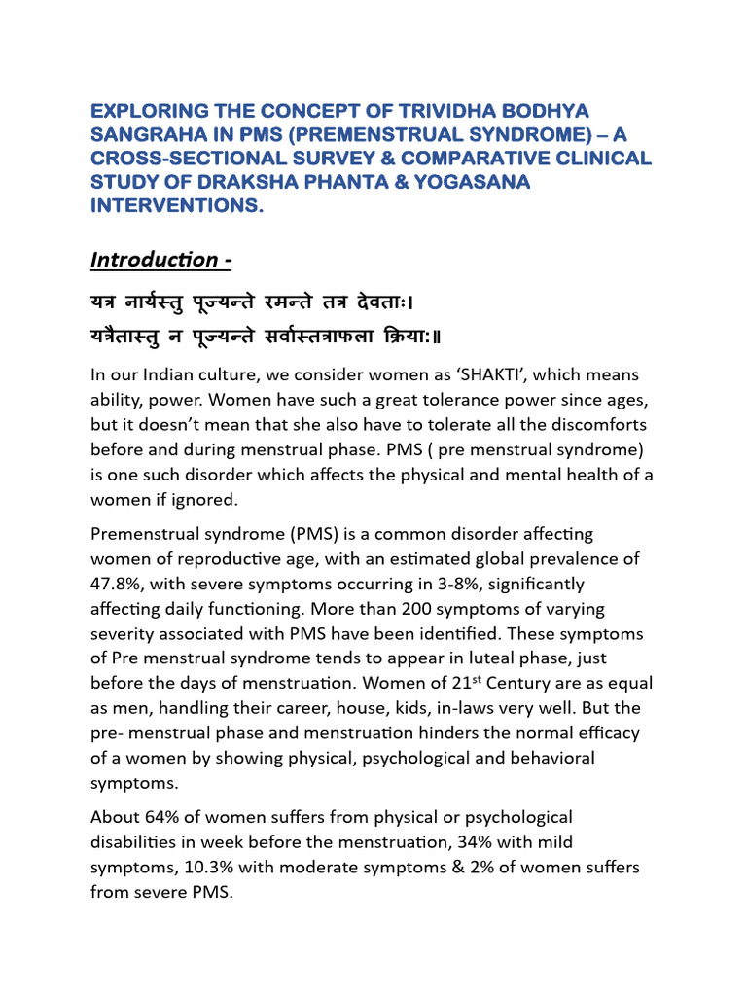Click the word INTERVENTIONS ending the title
[177, 206]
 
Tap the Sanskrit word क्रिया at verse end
[419, 336]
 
